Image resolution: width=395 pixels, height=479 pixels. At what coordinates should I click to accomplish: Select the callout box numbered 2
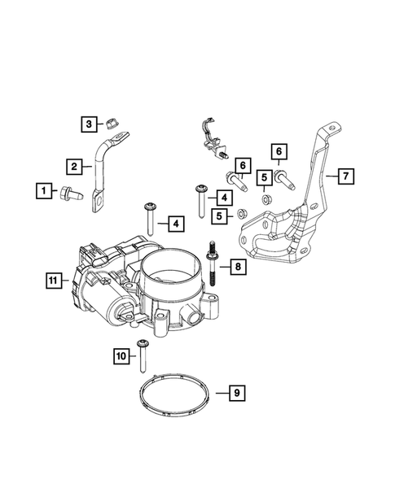[x=74, y=167]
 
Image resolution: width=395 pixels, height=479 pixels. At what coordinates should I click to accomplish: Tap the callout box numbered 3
[x=88, y=124]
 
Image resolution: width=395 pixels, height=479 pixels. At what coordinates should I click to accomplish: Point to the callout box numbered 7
[x=345, y=176]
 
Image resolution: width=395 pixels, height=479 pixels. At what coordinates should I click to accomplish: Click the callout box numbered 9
[x=236, y=394]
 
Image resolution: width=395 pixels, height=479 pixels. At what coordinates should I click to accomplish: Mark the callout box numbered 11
[x=55, y=281]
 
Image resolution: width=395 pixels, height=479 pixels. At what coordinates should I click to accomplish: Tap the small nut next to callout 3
[x=105, y=124]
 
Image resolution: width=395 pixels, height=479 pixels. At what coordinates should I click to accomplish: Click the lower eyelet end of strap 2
[x=99, y=196]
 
